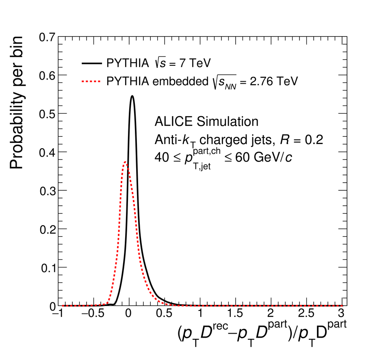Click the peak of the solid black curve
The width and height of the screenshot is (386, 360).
pos(132,96)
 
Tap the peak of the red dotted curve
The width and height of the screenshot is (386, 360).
pos(125,162)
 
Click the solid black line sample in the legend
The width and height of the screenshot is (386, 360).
pos(91,63)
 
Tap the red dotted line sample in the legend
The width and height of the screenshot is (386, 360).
pos(91,82)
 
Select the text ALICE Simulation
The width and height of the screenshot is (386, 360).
pos(206,121)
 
